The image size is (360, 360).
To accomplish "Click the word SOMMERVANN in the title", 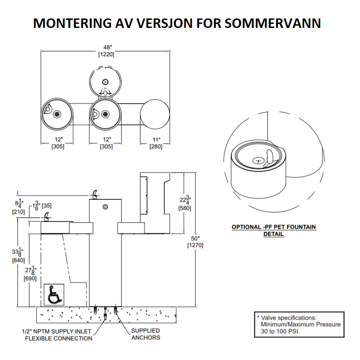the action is point(273,23).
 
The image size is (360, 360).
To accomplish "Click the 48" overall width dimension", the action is point(106,51).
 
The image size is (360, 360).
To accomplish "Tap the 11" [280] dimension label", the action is point(156,143).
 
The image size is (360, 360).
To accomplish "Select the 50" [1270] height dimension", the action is point(195,242).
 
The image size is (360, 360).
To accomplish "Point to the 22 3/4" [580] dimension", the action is point(185,203).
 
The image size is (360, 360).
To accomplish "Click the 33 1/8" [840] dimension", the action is point(18,255).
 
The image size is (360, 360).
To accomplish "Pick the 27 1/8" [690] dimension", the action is point(30,273).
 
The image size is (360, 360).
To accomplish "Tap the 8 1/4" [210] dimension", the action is point(18,207).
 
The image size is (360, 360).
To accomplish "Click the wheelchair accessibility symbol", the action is point(54,295).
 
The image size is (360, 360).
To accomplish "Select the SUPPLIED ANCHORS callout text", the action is point(145,334).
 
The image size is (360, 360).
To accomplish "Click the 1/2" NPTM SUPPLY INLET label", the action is point(57,332).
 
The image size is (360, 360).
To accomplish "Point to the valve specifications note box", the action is point(299,324).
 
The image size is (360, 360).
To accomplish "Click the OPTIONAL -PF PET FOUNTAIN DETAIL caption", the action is point(274,230).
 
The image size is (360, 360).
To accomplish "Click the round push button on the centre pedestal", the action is point(105,207).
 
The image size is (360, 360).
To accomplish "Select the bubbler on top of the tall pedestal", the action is point(94,194).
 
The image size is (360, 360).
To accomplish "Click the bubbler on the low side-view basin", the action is point(47,216).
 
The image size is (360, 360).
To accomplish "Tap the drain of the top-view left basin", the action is point(57,114).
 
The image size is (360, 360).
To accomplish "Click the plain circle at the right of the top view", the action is point(155,114).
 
